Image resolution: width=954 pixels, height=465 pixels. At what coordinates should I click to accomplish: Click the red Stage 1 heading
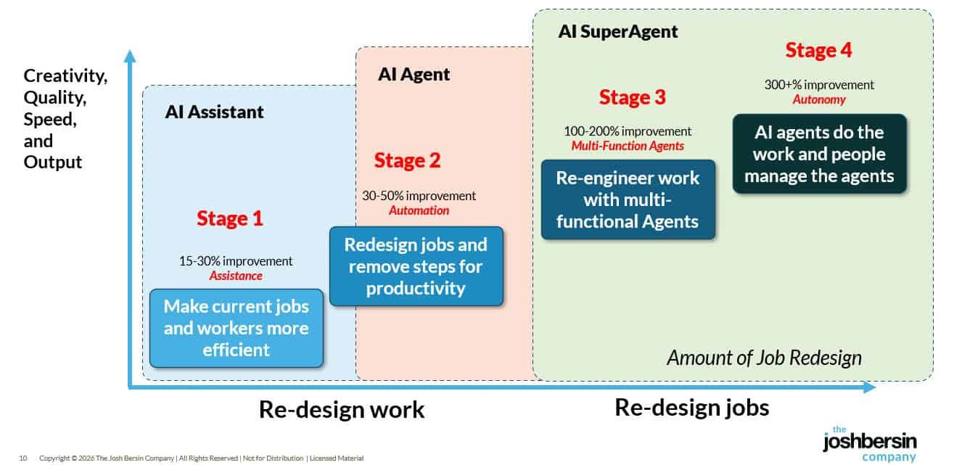229,218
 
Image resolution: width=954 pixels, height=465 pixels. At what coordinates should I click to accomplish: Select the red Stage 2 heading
407,160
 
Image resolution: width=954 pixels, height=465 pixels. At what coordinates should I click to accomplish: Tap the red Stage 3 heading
632,97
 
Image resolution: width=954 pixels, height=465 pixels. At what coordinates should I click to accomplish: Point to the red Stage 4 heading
818,50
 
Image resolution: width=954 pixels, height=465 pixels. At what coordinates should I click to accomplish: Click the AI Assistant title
214,112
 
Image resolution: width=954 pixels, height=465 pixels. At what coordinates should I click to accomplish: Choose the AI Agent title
414,74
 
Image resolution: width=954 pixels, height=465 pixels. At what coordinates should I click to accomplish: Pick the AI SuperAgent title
618,32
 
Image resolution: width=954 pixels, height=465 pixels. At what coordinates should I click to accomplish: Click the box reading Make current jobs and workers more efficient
236,328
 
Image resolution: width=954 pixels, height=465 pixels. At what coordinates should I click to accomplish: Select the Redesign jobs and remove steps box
416,266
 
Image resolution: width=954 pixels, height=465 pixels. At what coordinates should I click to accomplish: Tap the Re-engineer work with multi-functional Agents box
628,199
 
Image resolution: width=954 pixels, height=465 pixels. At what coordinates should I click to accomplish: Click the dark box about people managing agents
819,154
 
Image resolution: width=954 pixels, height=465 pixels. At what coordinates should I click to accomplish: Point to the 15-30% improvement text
236,261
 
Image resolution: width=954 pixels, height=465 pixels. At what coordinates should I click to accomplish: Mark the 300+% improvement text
819,85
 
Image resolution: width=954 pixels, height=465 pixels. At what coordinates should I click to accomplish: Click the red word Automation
419,210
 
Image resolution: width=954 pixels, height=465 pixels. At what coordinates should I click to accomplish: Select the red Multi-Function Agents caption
628,146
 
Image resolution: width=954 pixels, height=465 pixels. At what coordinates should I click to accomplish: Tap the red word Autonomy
819,99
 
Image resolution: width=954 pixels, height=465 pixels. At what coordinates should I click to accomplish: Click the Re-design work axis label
342,410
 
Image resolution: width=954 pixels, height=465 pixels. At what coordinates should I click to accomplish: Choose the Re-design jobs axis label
691,408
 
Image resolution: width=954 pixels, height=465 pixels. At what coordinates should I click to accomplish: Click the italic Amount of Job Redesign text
764,358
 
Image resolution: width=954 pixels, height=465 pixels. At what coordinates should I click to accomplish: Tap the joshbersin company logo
869,443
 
